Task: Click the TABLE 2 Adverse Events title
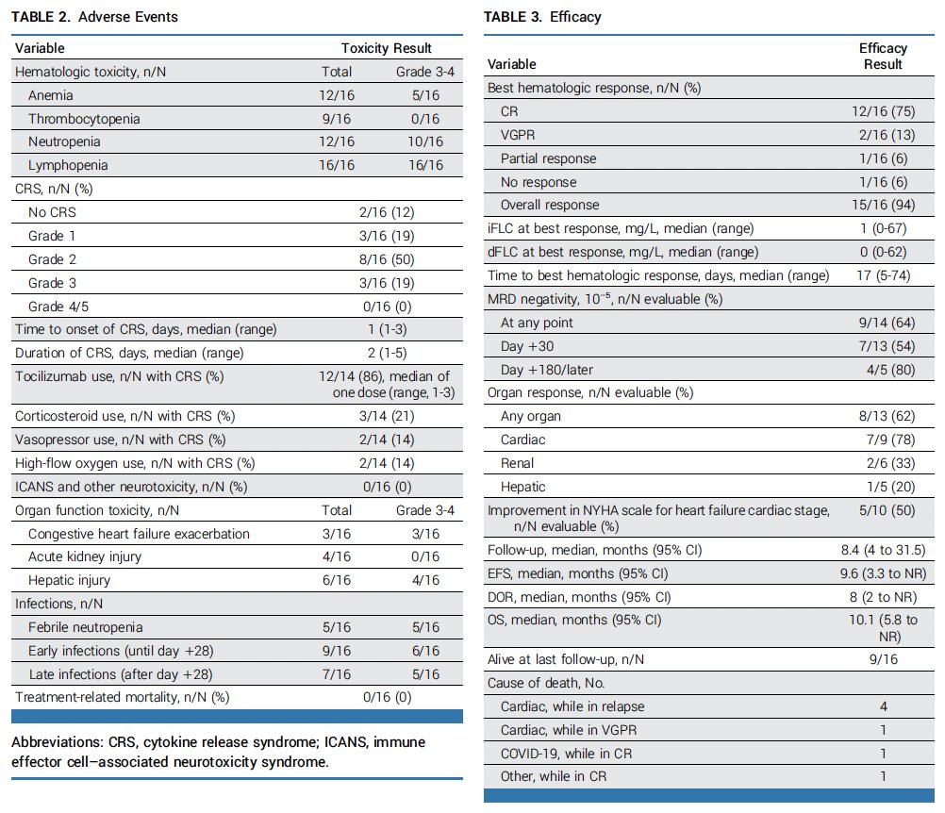[x=94, y=17]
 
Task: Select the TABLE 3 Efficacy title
[x=542, y=17]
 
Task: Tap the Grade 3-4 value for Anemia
[x=425, y=95]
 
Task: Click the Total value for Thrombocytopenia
[x=337, y=119]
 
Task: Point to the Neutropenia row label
[x=64, y=141]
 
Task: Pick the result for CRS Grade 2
[x=387, y=259]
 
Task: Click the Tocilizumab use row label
[x=120, y=376]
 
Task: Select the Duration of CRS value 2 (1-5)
[x=387, y=353]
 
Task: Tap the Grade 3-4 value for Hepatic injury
[x=425, y=580]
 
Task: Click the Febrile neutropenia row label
[x=86, y=627]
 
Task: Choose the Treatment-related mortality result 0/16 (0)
[x=387, y=698]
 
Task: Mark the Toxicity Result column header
[x=387, y=48]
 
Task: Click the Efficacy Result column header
[x=883, y=56]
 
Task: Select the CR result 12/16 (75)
[x=883, y=111]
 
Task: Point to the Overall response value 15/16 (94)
[x=883, y=205]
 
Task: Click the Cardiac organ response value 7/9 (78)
[x=890, y=440]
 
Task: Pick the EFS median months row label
[x=577, y=573]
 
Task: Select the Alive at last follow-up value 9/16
[x=884, y=659]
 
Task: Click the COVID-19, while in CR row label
[x=566, y=754]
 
